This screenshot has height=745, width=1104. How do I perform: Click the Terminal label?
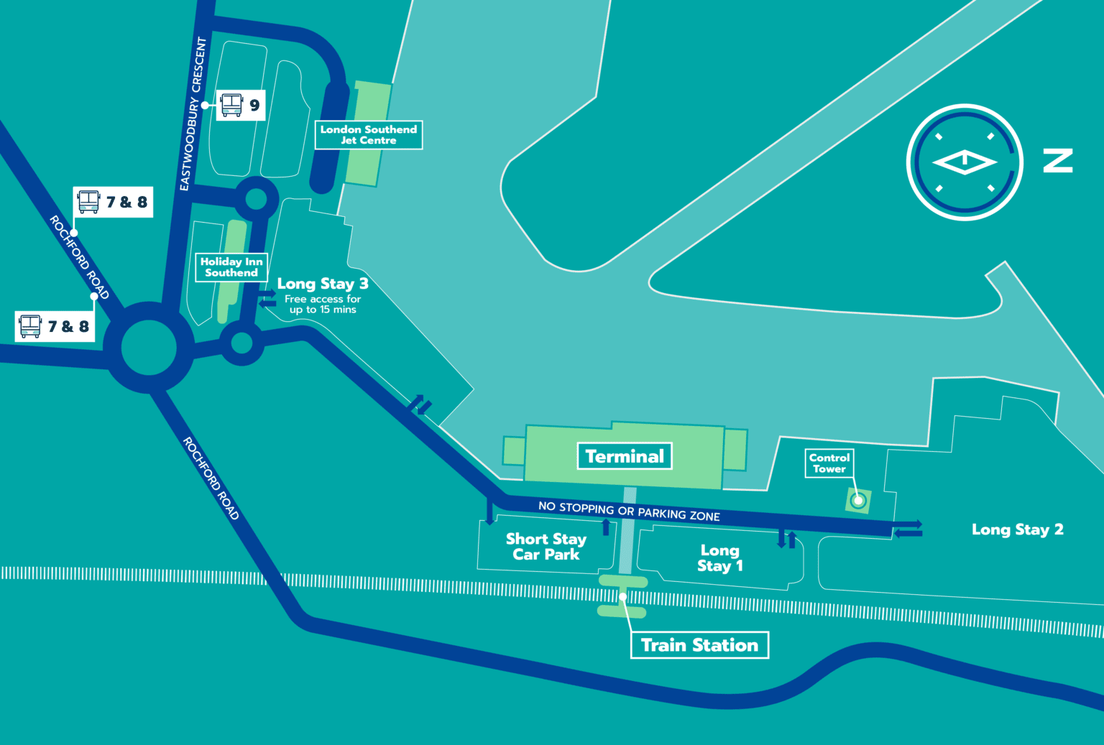pos(625,456)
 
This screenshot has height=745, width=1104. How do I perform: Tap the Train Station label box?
pos(699,645)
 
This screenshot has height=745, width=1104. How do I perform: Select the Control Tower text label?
pos(829,463)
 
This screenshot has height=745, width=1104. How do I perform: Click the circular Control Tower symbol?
pos(857,500)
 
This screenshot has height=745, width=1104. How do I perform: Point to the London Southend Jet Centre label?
pos(369,135)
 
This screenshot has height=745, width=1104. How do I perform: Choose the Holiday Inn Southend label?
pos(231,267)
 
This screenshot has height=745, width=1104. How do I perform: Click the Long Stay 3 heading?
pos(323,284)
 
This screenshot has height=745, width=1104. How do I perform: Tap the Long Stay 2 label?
pos(1017,529)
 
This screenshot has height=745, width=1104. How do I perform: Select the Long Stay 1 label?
pos(720,558)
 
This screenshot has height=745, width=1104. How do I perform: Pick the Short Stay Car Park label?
pos(546,547)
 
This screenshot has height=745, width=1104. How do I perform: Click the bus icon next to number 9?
pos(231,105)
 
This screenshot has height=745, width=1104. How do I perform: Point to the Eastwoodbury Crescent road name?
pos(193,114)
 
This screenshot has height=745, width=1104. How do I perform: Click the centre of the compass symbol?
pos(965,162)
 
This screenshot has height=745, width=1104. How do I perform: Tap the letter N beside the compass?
pos(1058,161)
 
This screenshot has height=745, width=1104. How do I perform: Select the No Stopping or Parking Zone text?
pos(629,511)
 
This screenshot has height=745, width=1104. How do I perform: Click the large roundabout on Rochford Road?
pos(149,348)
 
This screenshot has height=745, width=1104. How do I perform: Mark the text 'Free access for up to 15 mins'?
pos(323,304)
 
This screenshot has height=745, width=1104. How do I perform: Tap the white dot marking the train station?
pos(622,596)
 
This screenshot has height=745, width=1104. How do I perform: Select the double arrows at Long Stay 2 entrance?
pos(908,529)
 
